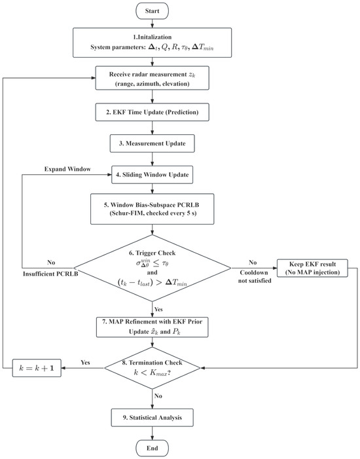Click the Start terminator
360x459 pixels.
click(153, 11)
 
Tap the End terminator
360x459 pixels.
click(153, 448)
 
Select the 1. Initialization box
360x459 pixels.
click(153, 43)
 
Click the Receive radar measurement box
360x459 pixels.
click(153, 78)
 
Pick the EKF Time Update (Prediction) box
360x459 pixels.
click(153, 112)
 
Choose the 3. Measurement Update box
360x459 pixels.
click(153, 143)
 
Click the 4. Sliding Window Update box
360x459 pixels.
click(153, 175)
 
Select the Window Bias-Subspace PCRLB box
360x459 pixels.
click(153, 209)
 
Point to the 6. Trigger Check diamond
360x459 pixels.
click(153, 268)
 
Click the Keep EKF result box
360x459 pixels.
click(313, 268)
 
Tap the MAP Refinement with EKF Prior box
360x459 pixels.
click(153, 327)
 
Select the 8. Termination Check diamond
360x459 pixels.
click(153, 368)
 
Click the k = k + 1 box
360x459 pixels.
click(37, 368)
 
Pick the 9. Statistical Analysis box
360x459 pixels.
click(153, 418)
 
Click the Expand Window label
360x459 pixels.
click(67, 169)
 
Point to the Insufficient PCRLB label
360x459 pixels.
click(50, 274)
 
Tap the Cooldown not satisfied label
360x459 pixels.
click(255, 276)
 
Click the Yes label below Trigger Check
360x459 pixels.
click(158, 310)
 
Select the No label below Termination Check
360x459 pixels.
click(158, 396)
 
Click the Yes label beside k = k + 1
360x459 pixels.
click(85, 362)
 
